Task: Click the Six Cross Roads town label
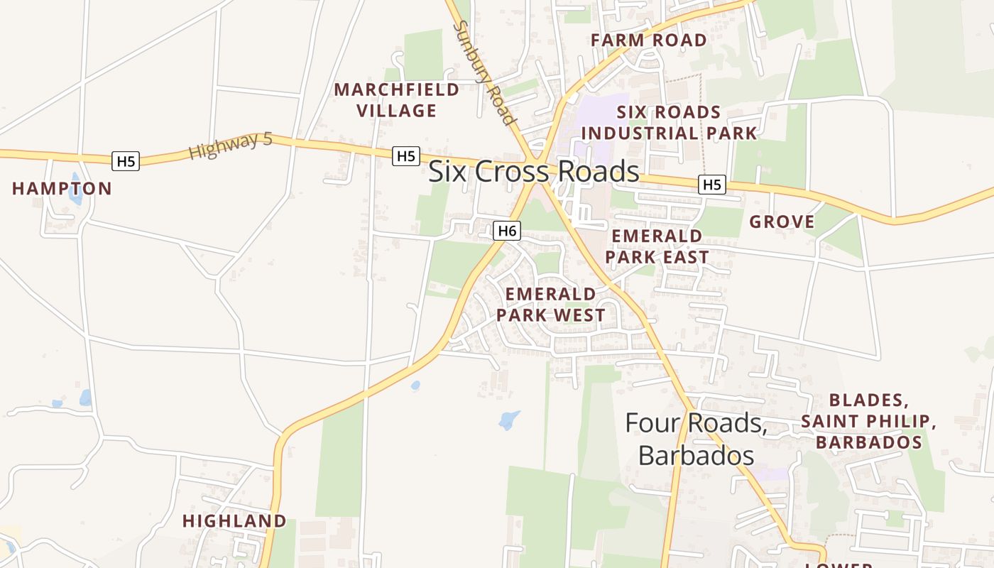pos(534,172)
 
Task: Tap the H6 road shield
pos(507,231)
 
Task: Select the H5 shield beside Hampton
pos(126,161)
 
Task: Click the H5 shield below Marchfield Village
pos(406,156)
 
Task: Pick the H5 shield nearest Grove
pos(711,185)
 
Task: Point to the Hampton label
pos(62,189)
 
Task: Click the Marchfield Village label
pos(397,100)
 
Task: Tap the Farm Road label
pos(649,40)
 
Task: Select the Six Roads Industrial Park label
pos(669,122)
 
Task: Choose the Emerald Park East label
pos(657,246)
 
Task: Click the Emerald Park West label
pos(551,305)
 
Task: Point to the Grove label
pos(782,222)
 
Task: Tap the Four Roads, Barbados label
pos(695,438)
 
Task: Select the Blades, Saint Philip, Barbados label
pos(869,421)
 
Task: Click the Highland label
pos(234,521)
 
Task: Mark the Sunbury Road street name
pos(484,72)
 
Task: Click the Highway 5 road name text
pos(231,146)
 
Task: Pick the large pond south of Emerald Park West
pos(509,420)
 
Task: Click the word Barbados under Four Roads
pos(695,454)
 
